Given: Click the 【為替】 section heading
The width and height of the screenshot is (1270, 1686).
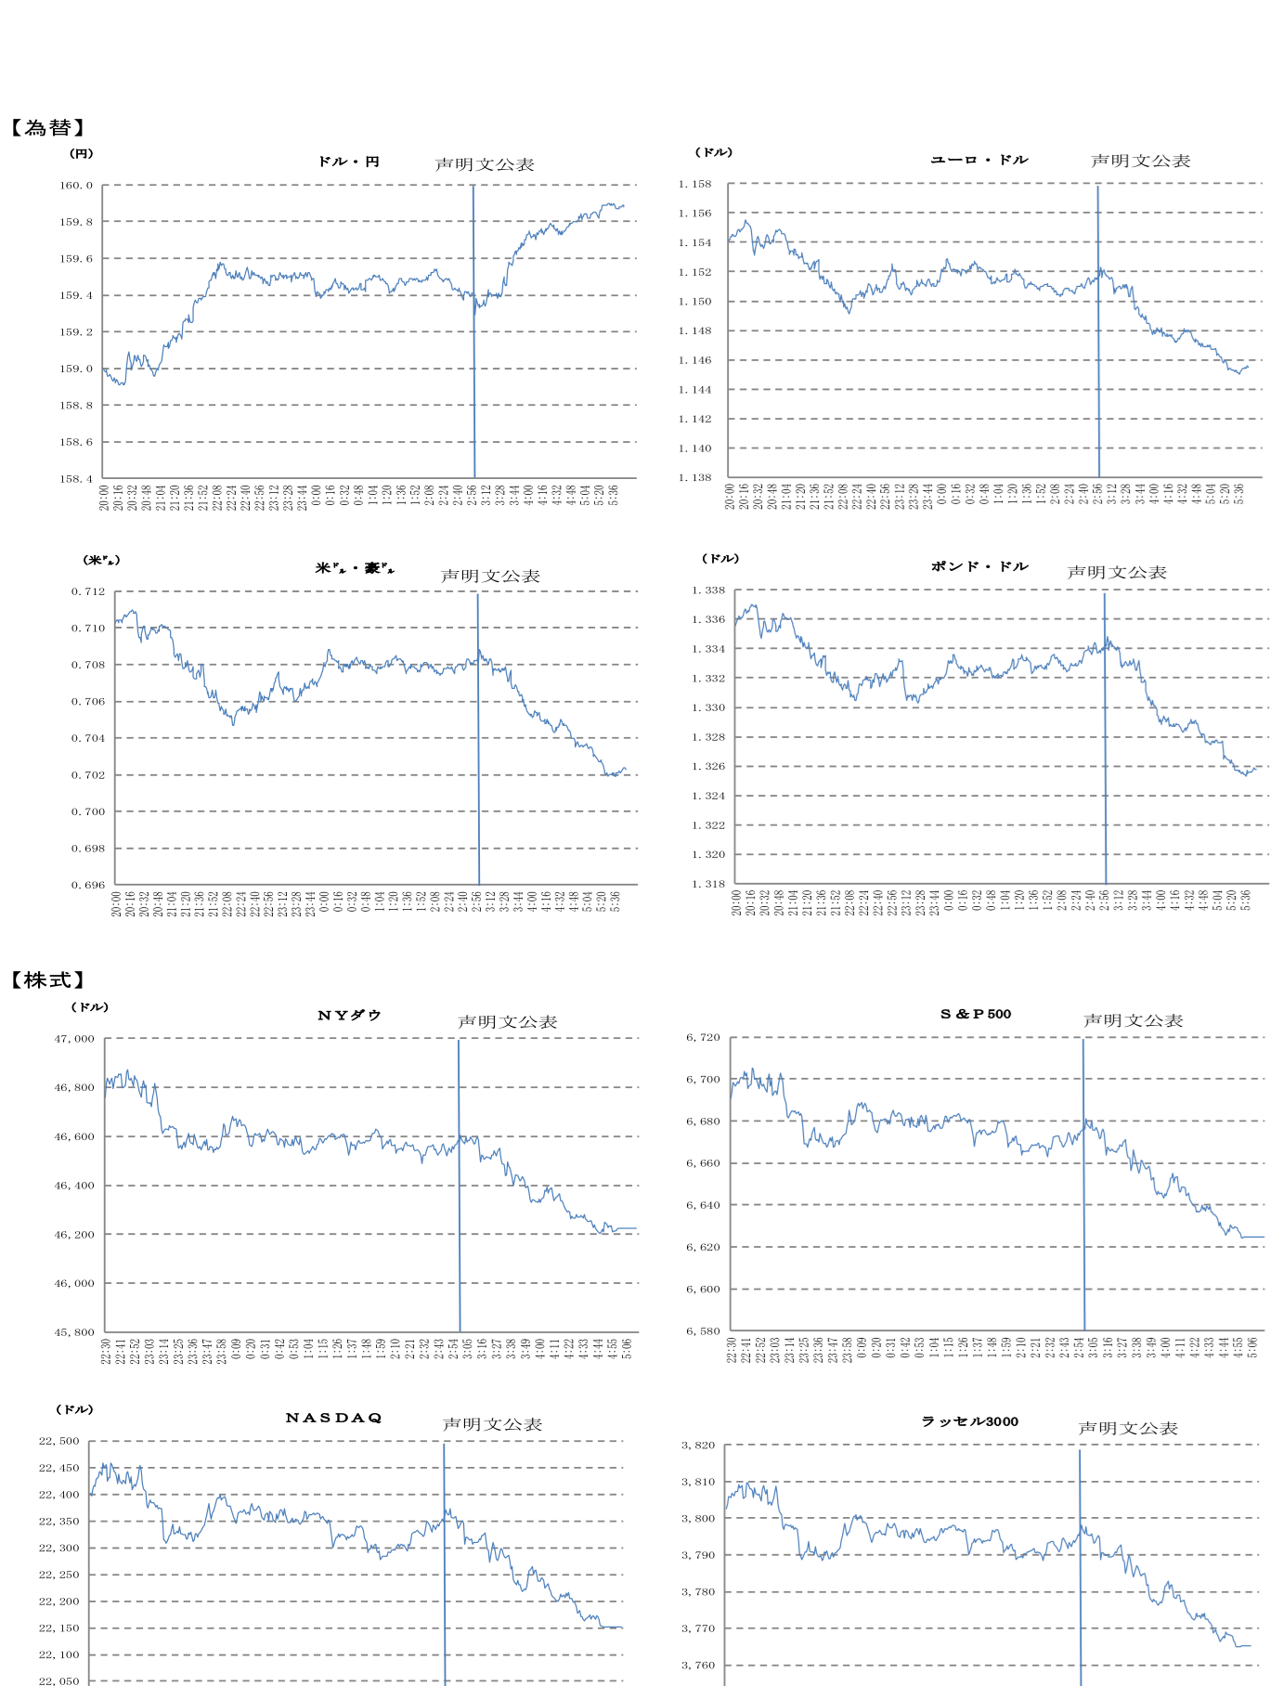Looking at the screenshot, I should (x=48, y=128).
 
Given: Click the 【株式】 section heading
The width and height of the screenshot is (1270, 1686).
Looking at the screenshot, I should (x=48, y=980).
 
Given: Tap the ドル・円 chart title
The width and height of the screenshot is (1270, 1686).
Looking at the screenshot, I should (x=348, y=162).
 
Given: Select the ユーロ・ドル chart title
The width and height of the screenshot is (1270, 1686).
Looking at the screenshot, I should (x=979, y=160).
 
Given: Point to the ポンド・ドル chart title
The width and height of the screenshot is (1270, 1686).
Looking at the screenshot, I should (x=979, y=566).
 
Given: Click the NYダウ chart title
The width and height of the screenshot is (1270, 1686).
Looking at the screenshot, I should (x=349, y=1016).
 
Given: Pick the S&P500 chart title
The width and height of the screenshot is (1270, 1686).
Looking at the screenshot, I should (x=976, y=1014).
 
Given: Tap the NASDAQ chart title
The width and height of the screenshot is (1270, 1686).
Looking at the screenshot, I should (x=334, y=1418).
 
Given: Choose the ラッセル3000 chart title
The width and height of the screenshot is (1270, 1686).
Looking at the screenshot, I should (x=969, y=1421).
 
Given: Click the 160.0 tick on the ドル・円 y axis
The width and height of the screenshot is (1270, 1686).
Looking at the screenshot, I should (x=76, y=185).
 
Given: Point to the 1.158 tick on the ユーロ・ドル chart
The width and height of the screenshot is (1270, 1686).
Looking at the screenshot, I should (x=694, y=184).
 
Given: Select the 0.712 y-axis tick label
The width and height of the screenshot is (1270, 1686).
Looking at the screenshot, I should (x=88, y=591).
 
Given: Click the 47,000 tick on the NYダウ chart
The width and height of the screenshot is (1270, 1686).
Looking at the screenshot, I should (x=74, y=1039).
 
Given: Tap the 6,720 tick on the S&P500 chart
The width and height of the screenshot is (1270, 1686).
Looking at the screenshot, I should (x=703, y=1037).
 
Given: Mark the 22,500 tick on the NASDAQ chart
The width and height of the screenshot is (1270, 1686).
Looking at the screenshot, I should (x=59, y=1441).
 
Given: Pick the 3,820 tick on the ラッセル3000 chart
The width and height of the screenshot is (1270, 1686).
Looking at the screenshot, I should (x=698, y=1446).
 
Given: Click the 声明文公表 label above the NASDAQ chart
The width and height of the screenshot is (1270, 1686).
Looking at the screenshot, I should (x=492, y=1424).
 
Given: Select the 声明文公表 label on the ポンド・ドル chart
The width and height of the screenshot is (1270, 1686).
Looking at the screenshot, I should (x=1117, y=572).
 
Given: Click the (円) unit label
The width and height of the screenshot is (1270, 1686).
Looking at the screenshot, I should (x=82, y=153).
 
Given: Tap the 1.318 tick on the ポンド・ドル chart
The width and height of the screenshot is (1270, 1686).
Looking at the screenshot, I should (x=708, y=884).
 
